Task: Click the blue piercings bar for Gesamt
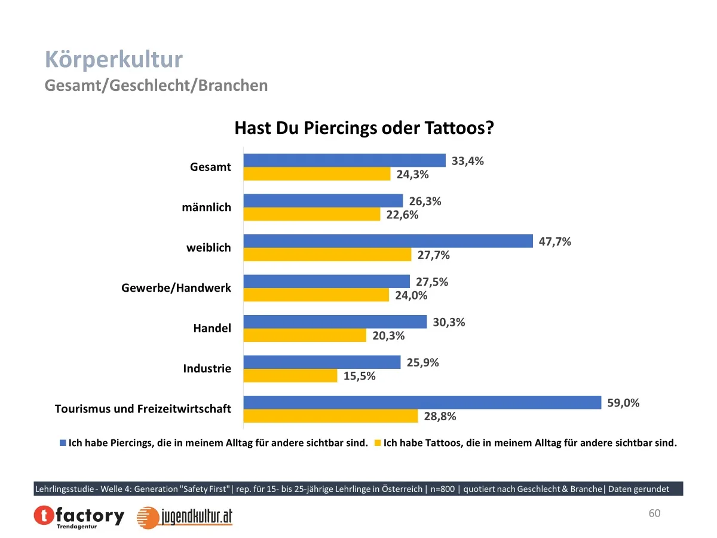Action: (345, 160)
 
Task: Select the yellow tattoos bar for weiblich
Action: (327, 255)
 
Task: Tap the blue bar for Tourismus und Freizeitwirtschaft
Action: (422, 402)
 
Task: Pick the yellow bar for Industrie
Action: (290, 375)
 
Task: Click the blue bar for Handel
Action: (335, 322)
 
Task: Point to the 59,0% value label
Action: (623, 403)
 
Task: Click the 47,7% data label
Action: (555, 242)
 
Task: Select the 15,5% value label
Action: (360, 376)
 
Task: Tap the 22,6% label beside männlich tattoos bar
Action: (402, 215)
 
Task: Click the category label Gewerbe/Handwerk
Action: (176, 288)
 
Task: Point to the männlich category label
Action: (206, 207)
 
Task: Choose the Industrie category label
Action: (207, 368)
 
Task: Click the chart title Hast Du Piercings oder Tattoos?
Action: (364, 129)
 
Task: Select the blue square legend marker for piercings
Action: (63, 444)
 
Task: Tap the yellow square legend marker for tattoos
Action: (377, 444)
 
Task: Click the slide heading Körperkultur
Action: (114, 60)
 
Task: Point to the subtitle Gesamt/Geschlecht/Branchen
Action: (156, 85)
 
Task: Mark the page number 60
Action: (654, 513)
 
